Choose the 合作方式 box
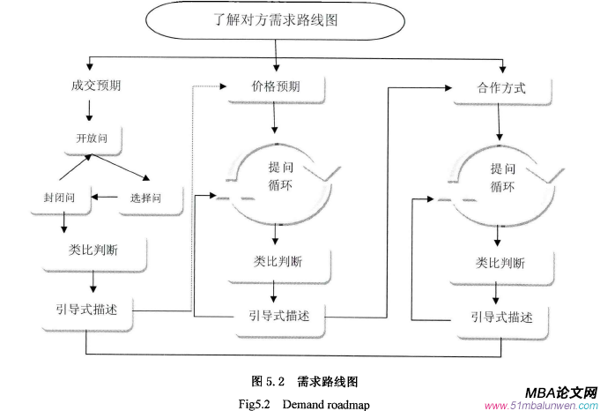(500, 88)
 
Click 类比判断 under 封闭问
(93, 250)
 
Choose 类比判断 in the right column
(500, 263)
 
